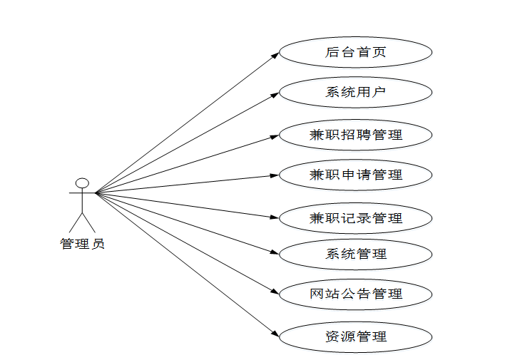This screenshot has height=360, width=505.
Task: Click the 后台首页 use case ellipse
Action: [x=355, y=52]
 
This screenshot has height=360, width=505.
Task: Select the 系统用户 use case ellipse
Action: [x=355, y=92]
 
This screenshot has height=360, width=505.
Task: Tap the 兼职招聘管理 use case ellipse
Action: [x=355, y=135]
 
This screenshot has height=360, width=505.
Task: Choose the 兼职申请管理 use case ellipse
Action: [x=355, y=175]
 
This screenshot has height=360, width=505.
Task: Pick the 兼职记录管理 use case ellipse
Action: [x=355, y=218]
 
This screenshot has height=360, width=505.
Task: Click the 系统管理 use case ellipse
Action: [x=355, y=254]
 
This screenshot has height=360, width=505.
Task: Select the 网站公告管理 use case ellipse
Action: [x=355, y=294]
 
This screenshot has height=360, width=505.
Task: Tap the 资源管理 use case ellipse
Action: [x=355, y=336]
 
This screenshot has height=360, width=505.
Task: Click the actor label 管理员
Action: [x=82, y=244]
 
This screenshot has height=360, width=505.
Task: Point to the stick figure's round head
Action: [x=82, y=183]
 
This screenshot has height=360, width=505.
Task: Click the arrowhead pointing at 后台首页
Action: [x=275, y=55]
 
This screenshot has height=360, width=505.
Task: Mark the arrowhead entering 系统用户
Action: [x=275, y=93]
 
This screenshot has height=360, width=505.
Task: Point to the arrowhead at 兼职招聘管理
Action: [x=275, y=135]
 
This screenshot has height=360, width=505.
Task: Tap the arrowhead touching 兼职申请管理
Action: [x=275, y=175]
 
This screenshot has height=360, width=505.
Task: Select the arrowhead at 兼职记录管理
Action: [x=275, y=217]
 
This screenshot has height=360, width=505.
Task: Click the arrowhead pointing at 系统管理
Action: [x=275, y=252]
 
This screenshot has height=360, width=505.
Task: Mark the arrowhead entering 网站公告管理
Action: [x=275, y=291]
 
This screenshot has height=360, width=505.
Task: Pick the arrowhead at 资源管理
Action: [x=275, y=333]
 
